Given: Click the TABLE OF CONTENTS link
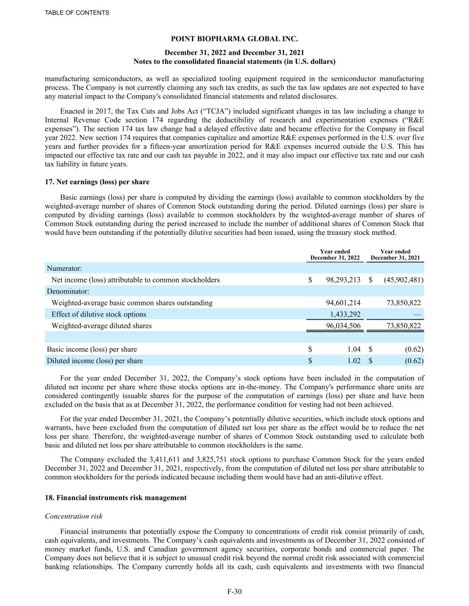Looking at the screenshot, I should (x=77, y=13).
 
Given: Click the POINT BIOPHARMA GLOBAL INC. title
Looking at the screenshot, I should (x=234, y=40).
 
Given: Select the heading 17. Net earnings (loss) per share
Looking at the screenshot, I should (x=97, y=182).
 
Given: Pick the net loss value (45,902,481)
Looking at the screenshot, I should (x=403, y=280).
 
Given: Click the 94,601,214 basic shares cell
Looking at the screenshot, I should (x=343, y=303).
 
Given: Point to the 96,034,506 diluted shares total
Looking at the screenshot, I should (x=343, y=326).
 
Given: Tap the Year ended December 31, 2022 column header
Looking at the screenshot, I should (x=335, y=255).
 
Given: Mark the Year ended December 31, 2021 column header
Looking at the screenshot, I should (x=395, y=255).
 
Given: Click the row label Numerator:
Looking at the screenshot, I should (x=64, y=269).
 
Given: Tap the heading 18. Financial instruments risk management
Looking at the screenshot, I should (x=116, y=498).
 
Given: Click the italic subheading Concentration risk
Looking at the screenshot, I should (x=74, y=516).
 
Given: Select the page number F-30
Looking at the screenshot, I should (x=234, y=591).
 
